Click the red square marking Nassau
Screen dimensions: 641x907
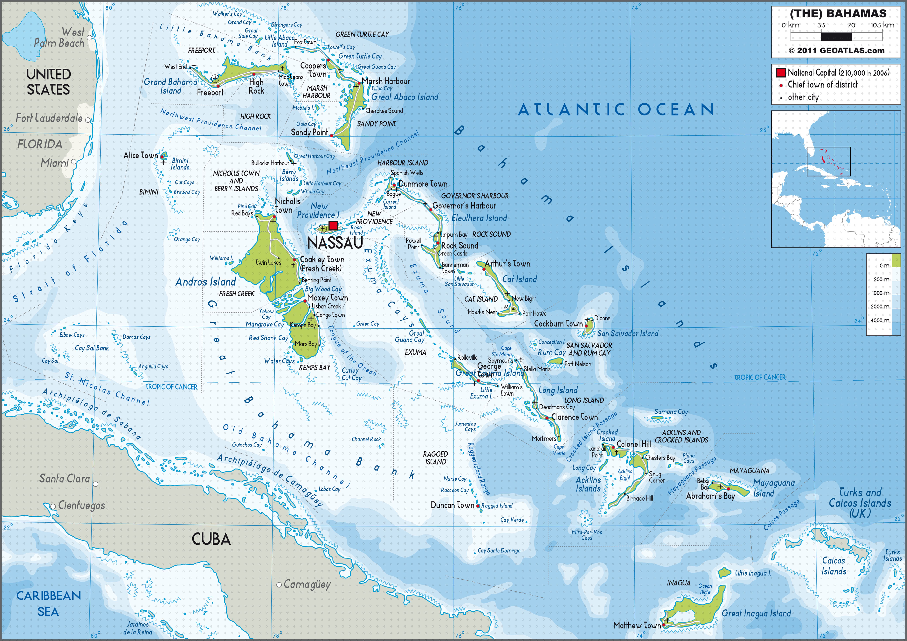pos(333,226)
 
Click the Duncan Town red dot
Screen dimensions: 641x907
pos(478,506)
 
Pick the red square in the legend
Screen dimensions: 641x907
pos(781,73)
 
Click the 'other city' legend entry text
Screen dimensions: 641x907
pos(803,97)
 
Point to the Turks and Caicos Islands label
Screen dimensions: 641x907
pos(860,503)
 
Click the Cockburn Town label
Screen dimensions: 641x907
pos(558,323)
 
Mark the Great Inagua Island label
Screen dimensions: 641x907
pos(756,613)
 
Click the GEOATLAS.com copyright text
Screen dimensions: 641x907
pos(836,51)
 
